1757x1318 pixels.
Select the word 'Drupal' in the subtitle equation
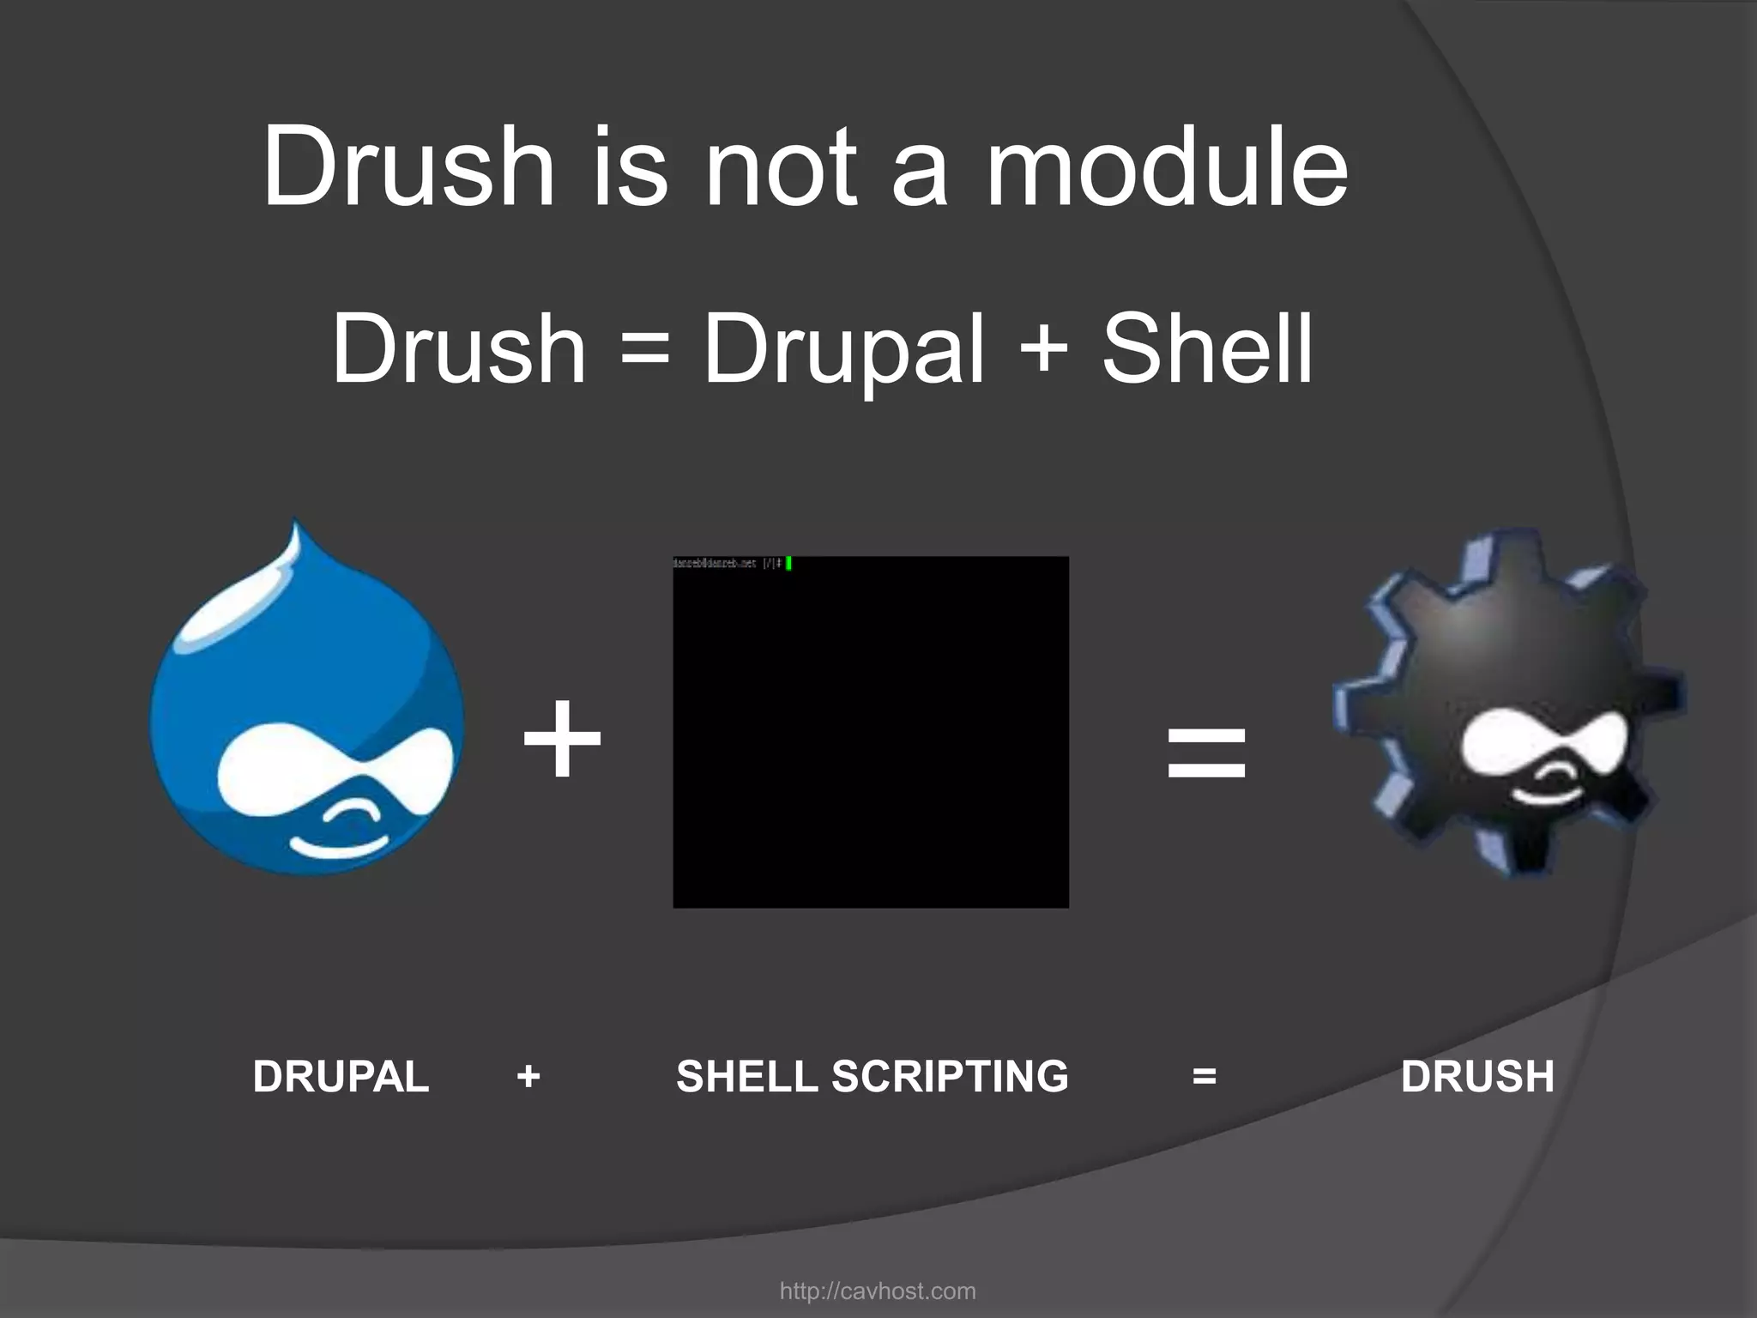pos(843,350)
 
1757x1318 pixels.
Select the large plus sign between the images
pos(563,740)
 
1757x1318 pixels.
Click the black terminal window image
pos(871,732)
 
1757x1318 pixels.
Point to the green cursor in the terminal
pos(788,564)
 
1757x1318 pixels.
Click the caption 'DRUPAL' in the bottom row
pos(341,1076)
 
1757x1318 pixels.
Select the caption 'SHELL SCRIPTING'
pos(872,1076)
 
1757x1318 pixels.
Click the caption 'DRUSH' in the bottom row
pos(1477,1076)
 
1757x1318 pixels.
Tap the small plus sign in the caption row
pos(528,1076)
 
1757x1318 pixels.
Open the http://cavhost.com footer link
pos(878,1291)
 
